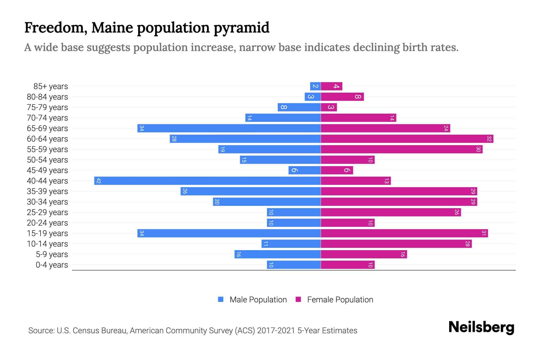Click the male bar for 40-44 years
(207, 181)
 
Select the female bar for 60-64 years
(407, 139)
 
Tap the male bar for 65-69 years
(229, 128)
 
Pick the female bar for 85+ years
(331, 86)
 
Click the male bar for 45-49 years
(304, 170)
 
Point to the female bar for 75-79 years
(329, 107)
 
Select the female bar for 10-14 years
(396, 244)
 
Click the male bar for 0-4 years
(294, 265)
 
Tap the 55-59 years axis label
(47, 149)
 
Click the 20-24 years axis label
(47, 223)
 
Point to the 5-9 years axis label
(52, 254)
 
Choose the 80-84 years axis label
(47, 97)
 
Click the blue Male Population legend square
(221, 299)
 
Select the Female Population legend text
(340, 300)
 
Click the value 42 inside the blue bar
(98, 181)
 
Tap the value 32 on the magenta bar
(489, 139)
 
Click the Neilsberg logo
(481, 327)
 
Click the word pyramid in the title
(241, 28)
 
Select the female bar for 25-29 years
(391, 212)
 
